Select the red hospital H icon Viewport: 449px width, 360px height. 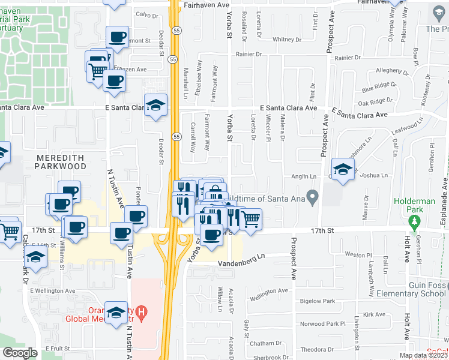coord(141,313)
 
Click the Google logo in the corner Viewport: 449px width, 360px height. coord(20,353)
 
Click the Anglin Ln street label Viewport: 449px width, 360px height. coord(305,176)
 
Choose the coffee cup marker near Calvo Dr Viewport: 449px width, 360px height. coord(117,37)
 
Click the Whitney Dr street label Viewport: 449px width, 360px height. coord(286,40)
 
